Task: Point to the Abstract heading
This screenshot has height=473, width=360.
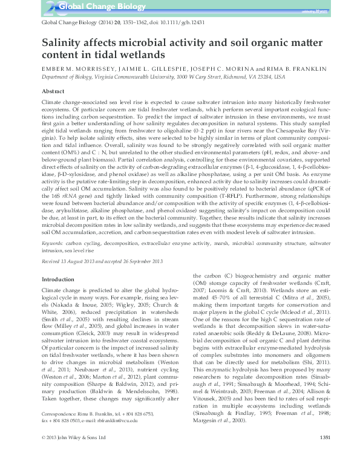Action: point(53,90)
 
